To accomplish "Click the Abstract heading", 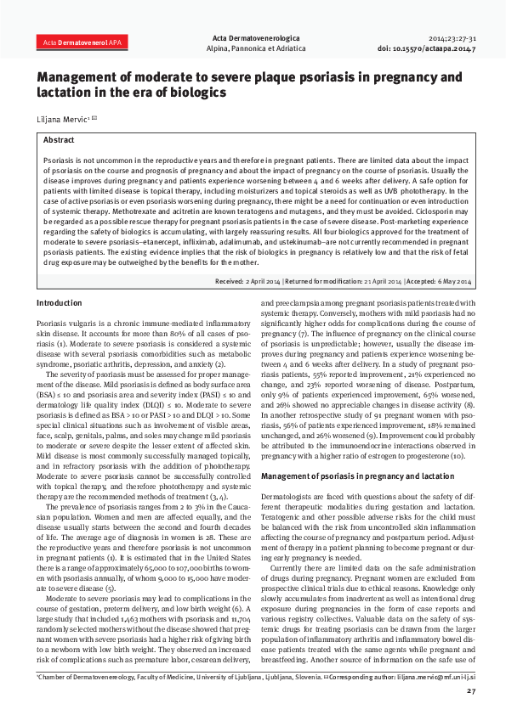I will click(59, 139).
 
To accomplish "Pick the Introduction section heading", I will click(60, 303).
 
